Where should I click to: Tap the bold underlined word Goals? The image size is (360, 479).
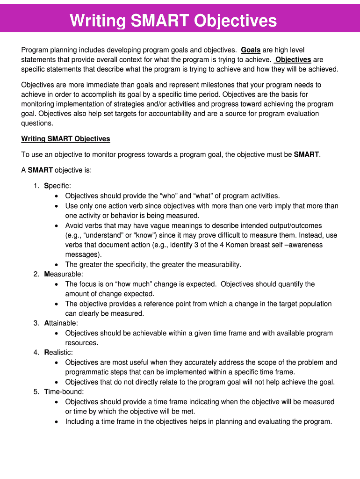[251, 50]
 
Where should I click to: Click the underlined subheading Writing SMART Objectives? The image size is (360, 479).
[65, 139]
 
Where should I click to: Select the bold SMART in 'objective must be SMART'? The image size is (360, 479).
[306, 154]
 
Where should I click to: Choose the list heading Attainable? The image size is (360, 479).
[61, 323]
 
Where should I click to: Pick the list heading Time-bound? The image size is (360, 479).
[64, 392]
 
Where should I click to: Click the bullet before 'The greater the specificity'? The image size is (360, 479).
[57, 265]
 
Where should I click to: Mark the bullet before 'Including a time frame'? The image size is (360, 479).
[57, 421]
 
